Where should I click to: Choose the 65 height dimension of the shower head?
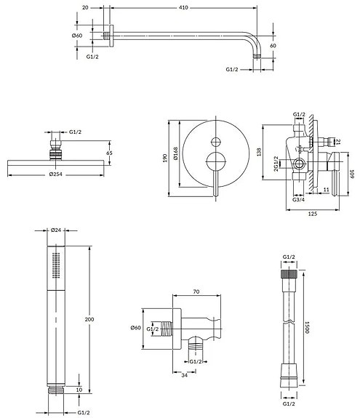[110, 153]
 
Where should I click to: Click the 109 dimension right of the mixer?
[351, 173]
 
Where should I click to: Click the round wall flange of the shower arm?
[110, 35]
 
